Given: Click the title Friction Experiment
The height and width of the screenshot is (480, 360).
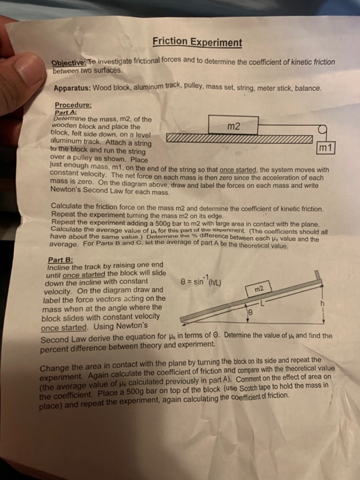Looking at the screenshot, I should [197, 43].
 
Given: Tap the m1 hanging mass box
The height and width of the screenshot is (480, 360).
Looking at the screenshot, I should [324, 148].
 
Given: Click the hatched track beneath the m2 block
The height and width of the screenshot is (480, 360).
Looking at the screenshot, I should [233, 140].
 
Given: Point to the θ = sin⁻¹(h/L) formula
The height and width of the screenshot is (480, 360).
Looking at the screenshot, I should [203, 277].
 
